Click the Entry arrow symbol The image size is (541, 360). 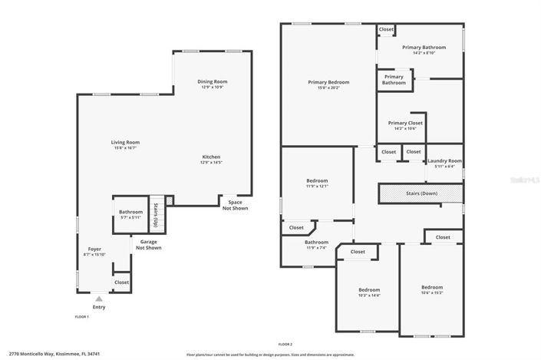click(98, 299)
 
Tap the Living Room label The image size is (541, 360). click(125, 142)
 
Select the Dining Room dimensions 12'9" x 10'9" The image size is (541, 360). click(213, 88)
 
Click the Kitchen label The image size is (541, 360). click(211, 157)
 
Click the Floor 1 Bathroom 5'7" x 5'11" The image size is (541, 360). click(130, 214)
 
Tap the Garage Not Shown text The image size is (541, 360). click(149, 245)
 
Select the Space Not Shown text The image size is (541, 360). click(235, 205)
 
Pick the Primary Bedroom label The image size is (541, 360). click(328, 82)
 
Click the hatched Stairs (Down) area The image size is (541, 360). click(421, 193)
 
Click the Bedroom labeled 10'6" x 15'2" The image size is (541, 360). click(432, 289)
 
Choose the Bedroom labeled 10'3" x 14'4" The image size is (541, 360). click(369, 292)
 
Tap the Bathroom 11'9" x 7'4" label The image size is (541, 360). click(316, 244)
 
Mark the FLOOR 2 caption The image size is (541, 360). click(285, 345)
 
